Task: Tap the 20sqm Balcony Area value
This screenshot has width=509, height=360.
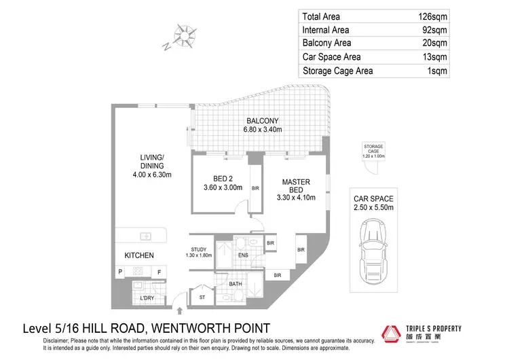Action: [x=436, y=43]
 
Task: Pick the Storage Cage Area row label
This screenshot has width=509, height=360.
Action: [x=338, y=71]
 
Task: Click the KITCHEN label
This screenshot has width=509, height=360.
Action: [x=138, y=255]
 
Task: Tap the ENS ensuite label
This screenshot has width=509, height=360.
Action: [x=244, y=255]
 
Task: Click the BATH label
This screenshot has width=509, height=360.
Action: [x=235, y=284]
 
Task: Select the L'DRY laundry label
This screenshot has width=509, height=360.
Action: [x=147, y=298]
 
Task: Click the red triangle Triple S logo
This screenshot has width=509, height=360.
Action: [x=392, y=334]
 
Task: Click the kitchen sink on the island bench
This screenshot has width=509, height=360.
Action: [x=145, y=236]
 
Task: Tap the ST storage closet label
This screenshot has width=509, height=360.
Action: [x=202, y=297]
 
